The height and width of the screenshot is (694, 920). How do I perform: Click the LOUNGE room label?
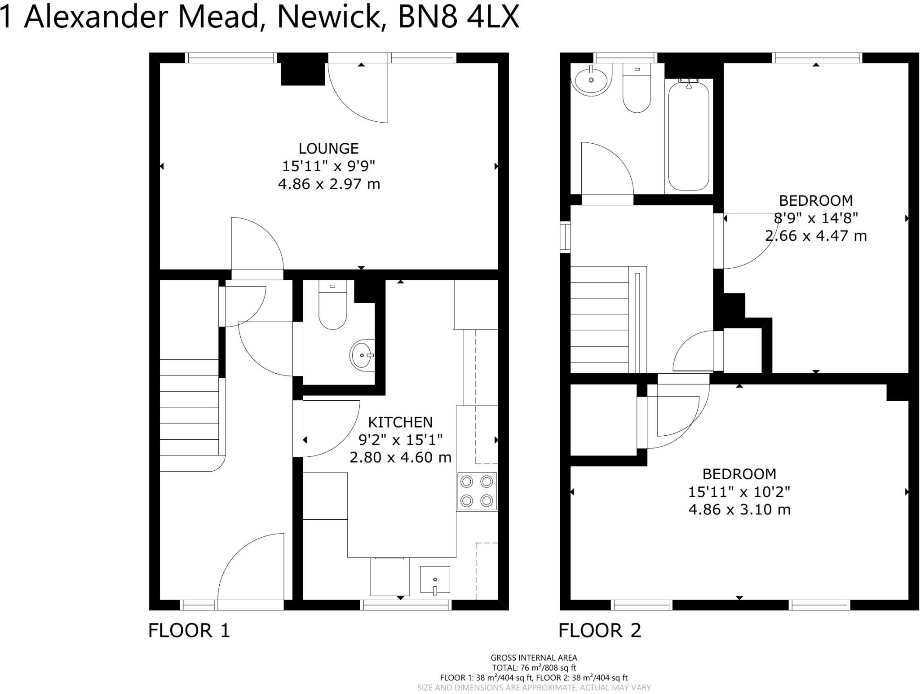328,148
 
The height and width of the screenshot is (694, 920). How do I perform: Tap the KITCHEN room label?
400,422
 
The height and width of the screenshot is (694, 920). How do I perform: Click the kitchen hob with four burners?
477,491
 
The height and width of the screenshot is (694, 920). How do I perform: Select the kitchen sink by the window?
435,580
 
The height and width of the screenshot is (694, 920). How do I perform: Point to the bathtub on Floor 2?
689,135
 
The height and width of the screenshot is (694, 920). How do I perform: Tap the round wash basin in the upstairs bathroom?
591,80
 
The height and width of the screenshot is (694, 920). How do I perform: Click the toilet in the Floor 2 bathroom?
637,90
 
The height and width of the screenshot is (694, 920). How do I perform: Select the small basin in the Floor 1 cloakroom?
362,355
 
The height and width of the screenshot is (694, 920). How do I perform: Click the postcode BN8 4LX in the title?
458,17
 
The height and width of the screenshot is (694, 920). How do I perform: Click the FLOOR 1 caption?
189,630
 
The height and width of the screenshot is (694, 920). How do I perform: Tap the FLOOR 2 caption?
600,630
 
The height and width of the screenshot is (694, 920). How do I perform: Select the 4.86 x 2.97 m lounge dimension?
329,184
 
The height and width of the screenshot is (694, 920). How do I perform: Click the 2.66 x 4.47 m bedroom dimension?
816,235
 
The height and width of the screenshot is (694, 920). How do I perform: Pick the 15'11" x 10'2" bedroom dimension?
739,492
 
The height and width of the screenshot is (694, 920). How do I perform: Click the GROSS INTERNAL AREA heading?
534,658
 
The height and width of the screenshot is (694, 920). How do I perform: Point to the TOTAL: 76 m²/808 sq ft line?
534,668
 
